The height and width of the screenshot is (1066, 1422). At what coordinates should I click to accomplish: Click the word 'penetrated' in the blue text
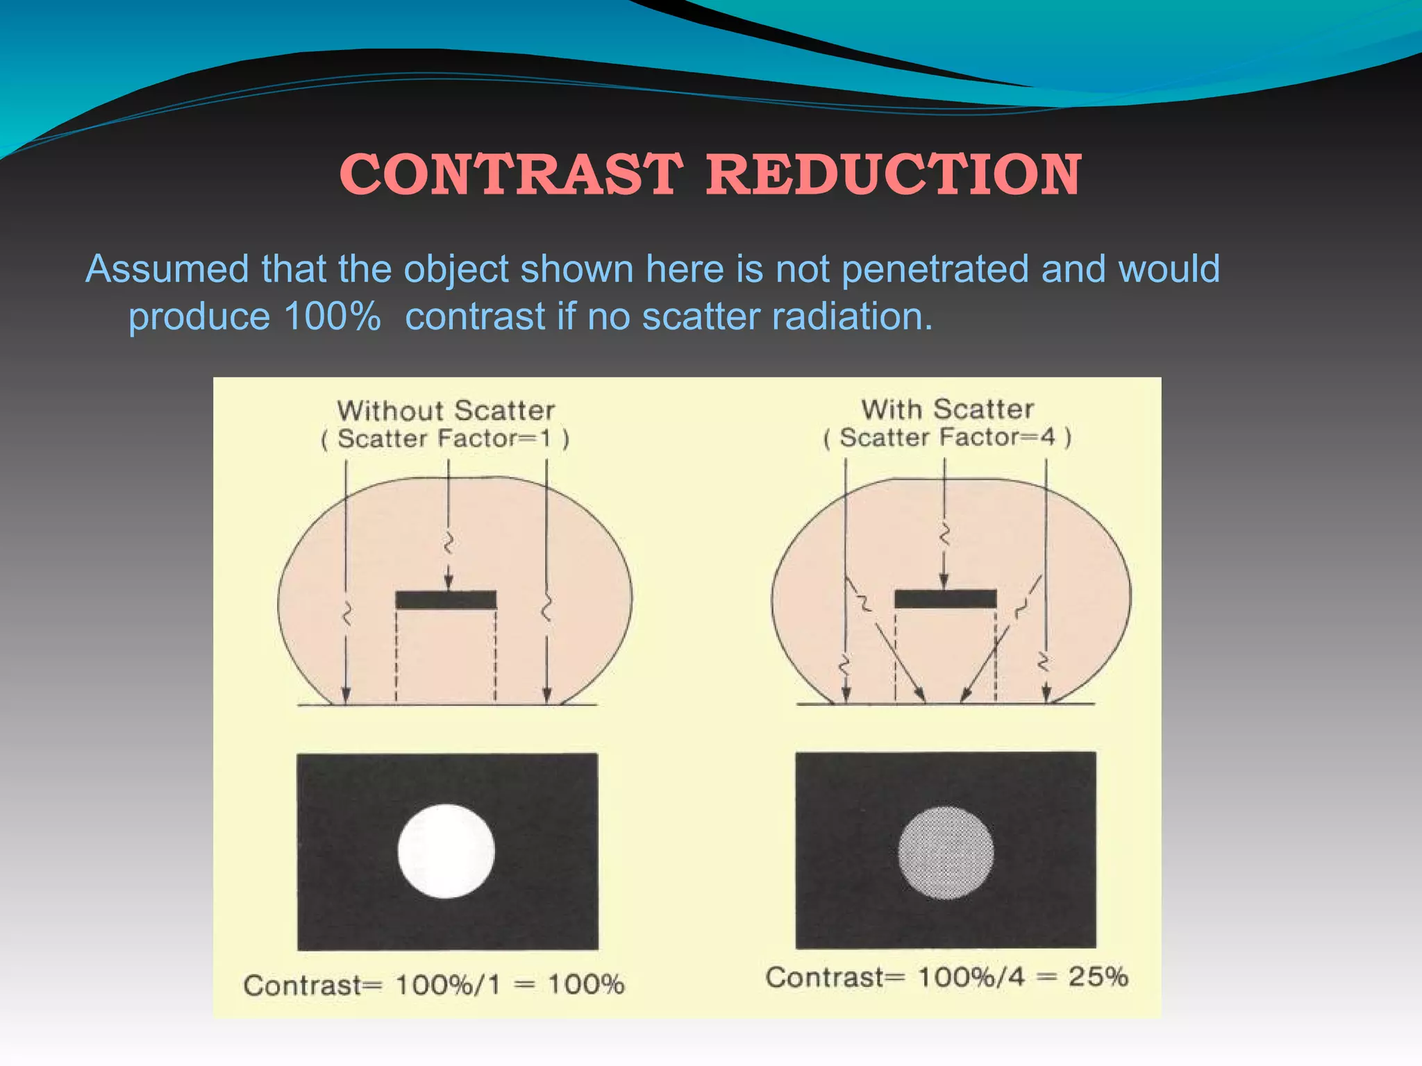pos(935,269)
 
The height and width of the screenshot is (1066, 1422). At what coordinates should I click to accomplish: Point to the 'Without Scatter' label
pos(446,410)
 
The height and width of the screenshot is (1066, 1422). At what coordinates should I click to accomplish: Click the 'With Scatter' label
pos(947,409)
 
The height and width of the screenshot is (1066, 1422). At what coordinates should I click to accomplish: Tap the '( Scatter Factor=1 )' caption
pos(445,439)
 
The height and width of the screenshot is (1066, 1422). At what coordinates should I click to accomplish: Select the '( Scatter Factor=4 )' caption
pos(947,437)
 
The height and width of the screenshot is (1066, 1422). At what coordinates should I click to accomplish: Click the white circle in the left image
pos(446,851)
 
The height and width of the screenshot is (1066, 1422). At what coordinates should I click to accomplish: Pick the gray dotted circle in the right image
pos(946,852)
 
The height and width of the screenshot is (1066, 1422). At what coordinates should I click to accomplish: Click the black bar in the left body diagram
pos(446,600)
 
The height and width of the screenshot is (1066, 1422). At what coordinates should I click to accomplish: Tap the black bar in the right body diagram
pos(946,598)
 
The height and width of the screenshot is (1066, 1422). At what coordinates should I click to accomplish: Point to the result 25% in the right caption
pos(1098,976)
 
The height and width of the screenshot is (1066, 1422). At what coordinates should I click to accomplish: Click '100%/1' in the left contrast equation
pos(448,985)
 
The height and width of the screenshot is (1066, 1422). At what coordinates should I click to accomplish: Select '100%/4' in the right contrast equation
pos(971,977)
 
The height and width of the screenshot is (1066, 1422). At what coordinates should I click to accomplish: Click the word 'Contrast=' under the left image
pos(312,985)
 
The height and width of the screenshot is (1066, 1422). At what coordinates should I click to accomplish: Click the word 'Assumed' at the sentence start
pos(167,269)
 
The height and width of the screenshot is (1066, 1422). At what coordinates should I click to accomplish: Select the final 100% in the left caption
pos(586,985)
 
